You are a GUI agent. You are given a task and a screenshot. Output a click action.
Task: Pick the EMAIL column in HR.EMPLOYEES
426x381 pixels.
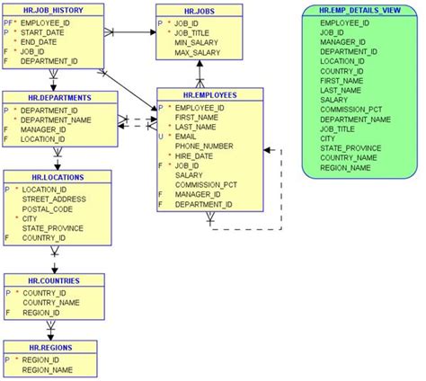187,137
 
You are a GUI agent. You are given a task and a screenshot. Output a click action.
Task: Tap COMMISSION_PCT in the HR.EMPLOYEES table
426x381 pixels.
206,184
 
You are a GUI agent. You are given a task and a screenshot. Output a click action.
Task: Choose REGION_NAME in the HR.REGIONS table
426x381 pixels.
48,368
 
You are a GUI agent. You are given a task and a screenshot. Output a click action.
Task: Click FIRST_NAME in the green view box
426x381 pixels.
342,79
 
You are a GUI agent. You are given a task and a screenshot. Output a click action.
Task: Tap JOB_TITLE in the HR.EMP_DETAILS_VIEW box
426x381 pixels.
339,128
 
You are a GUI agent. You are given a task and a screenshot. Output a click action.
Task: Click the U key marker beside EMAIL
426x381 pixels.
160,137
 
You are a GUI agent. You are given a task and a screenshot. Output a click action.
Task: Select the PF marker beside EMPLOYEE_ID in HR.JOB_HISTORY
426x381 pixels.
8,22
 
